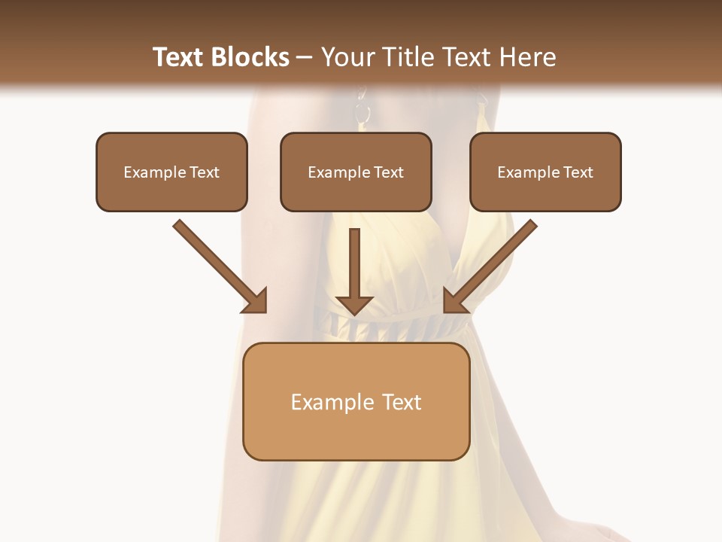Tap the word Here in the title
coord(526,57)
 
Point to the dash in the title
coord(305,58)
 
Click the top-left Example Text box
coord(171,172)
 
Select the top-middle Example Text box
coord(356,172)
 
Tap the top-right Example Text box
coord(545,172)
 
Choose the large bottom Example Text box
coord(356,401)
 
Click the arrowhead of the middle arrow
coord(355,303)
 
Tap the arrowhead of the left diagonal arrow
coord(256,301)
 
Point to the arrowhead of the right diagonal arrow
coord(455,301)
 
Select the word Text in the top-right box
coord(578,172)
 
